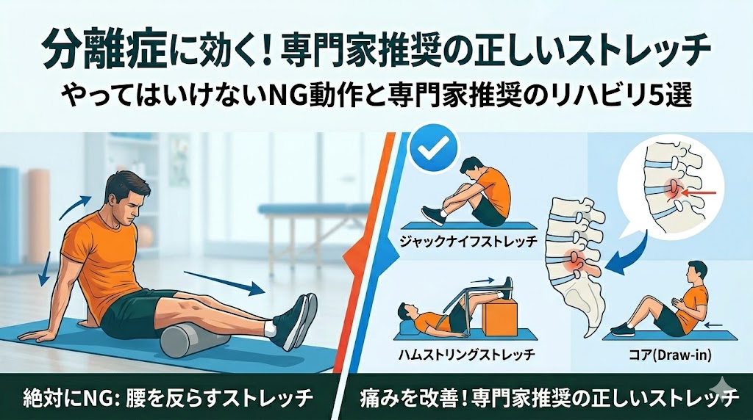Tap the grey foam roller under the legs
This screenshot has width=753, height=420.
click(195, 339)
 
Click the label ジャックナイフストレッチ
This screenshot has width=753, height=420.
click(468, 240)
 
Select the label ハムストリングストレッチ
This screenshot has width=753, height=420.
click(467, 355)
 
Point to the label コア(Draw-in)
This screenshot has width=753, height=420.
click(670, 355)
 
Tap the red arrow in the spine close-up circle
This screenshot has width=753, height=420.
click(699, 193)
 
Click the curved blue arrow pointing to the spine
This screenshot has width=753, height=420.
click(629, 253)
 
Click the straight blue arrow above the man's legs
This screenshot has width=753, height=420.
click(224, 283)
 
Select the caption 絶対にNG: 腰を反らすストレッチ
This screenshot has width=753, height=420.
click(168, 397)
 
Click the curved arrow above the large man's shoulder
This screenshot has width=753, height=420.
click(74, 207)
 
